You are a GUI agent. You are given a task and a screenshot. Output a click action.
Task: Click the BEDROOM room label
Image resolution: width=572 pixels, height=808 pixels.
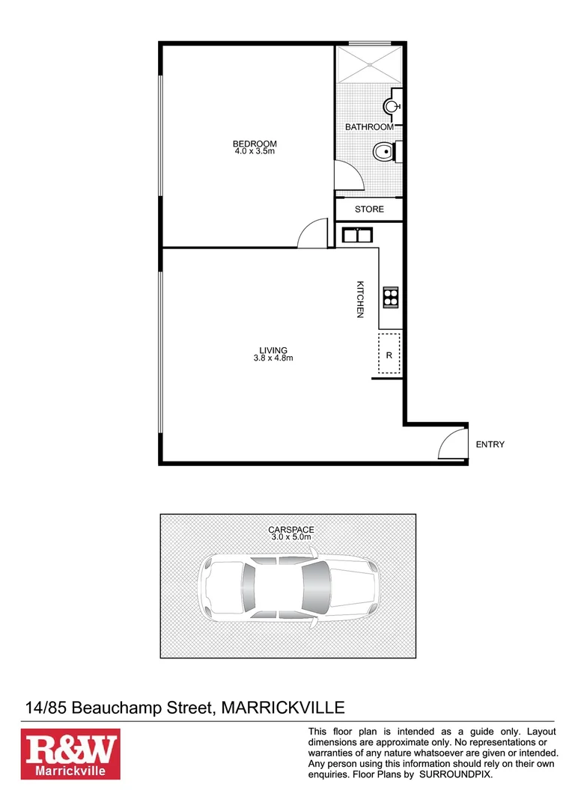255,144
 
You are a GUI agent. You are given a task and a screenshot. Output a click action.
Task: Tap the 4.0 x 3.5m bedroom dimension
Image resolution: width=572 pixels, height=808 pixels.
255,151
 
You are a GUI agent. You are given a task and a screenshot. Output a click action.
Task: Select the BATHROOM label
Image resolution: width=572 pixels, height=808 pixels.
369,127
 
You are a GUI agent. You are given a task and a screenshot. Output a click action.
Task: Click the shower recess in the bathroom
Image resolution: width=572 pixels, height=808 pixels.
369,66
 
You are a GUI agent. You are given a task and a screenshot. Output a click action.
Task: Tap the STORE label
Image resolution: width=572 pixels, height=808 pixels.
369,209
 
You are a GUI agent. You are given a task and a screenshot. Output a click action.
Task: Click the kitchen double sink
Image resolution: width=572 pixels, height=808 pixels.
358,236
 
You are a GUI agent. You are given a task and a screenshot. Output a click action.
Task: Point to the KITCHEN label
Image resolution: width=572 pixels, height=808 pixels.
360,299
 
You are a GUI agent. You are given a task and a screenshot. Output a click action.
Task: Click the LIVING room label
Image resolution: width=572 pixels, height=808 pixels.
273,350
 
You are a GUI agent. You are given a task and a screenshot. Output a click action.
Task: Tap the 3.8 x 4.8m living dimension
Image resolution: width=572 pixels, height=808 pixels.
273,358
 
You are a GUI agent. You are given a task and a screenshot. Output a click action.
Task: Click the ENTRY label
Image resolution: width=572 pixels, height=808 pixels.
490,444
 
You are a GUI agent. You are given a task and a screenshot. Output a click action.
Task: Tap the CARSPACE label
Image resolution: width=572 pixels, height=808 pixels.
291,530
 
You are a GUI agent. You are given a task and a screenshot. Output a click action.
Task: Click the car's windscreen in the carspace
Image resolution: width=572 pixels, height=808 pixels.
317,587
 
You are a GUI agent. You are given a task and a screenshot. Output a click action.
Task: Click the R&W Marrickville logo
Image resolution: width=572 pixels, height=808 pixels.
70,754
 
